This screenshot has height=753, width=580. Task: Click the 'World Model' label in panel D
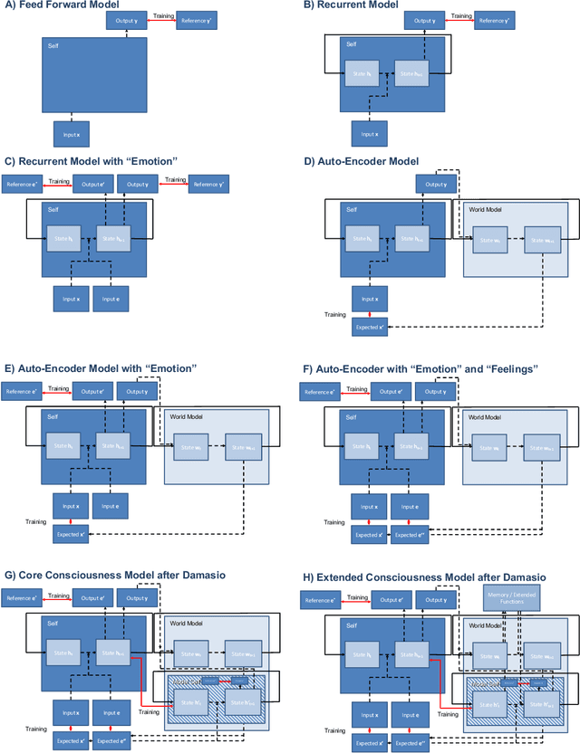[x=486, y=209]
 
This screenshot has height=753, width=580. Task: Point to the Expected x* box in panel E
[x=71, y=534]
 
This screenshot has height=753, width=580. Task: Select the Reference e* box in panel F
[x=319, y=390]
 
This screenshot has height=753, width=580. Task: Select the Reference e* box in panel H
[x=319, y=598]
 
